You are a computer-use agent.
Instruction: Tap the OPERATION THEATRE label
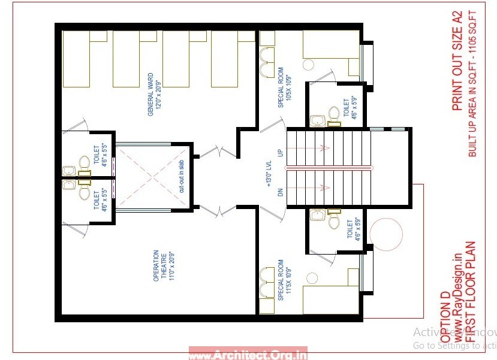156,266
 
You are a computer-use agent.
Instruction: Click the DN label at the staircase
279,192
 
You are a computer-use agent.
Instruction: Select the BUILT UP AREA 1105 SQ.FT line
472,84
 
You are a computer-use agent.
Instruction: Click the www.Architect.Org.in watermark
248,354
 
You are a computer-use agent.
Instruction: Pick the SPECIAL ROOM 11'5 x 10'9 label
281,280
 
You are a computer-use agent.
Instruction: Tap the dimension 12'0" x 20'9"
159,94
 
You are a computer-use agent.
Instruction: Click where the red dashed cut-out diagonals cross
153,177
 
